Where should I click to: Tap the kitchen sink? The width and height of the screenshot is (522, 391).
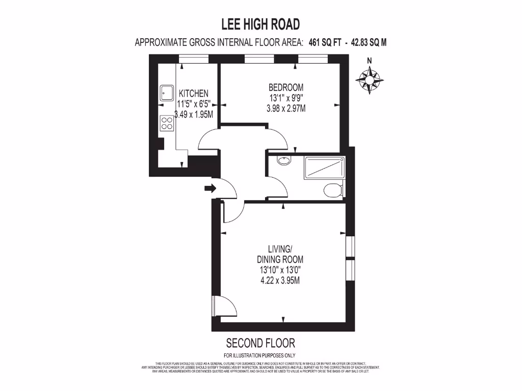(x=166, y=93)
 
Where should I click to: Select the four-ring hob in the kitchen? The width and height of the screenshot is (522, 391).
(x=166, y=123)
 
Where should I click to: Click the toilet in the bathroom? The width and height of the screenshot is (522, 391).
(x=333, y=190)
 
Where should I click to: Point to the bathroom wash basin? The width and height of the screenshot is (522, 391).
(x=284, y=161)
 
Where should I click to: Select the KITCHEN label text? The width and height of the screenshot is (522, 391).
(x=193, y=94)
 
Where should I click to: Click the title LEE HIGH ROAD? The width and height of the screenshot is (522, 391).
(x=260, y=24)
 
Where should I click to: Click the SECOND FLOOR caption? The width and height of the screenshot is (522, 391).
(x=260, y=343)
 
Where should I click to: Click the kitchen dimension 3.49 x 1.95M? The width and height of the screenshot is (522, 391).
(x=193, y=115)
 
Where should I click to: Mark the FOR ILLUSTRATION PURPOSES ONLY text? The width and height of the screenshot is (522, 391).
(x=260, y=355)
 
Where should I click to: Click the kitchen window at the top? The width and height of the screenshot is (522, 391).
(x=194, y=60)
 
